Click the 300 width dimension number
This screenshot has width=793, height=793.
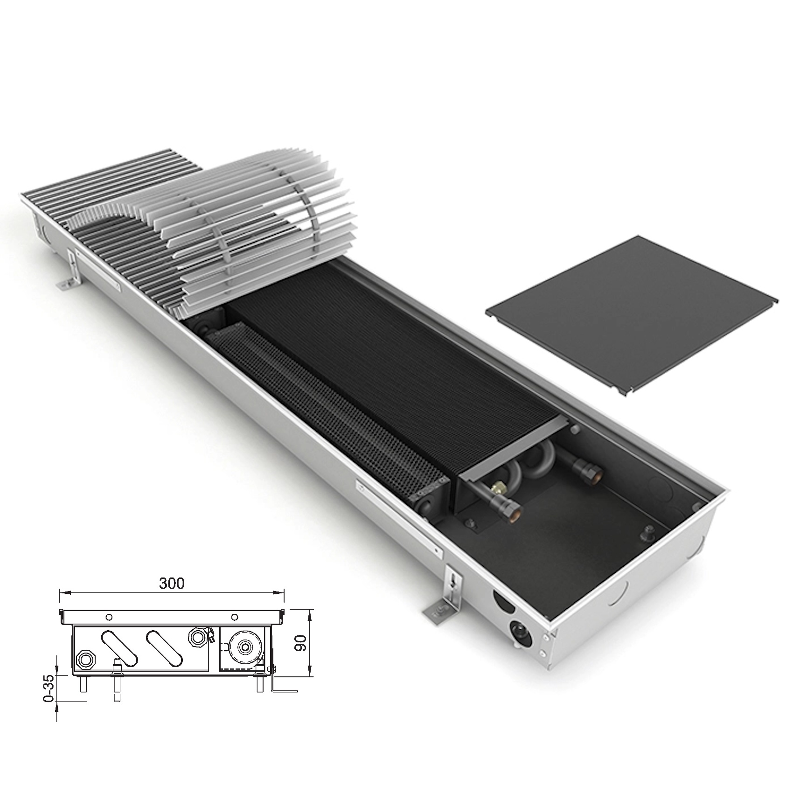[172, 584]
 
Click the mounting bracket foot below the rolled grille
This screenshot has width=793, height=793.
[69, 275]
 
